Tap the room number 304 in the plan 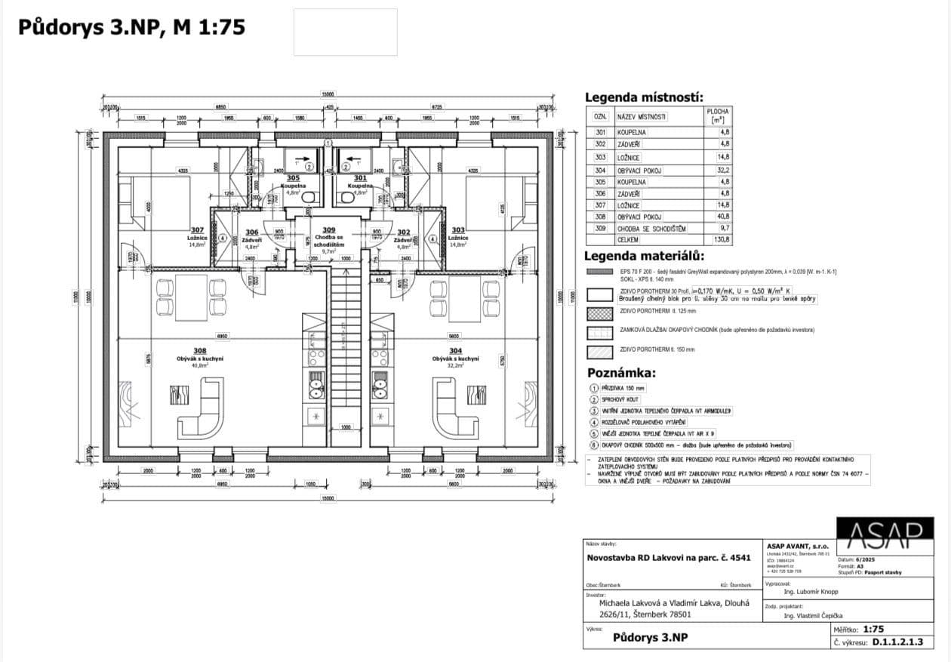pyautogui.click(x=455, y=351)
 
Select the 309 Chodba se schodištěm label pyautogui.click(x=328, y=238)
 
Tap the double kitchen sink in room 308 pyautogui.click(x=315, y=386)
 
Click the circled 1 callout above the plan pyautogui.click(x=328, y=142)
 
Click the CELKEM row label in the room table pyautogui.click(x=627, y=239)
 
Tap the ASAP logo pyautogui.click(x=885, y=534)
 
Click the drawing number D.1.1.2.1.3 pyautogui.click(x=897, y=642)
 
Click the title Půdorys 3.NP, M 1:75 pyautogui.click(x=131, y=27)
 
